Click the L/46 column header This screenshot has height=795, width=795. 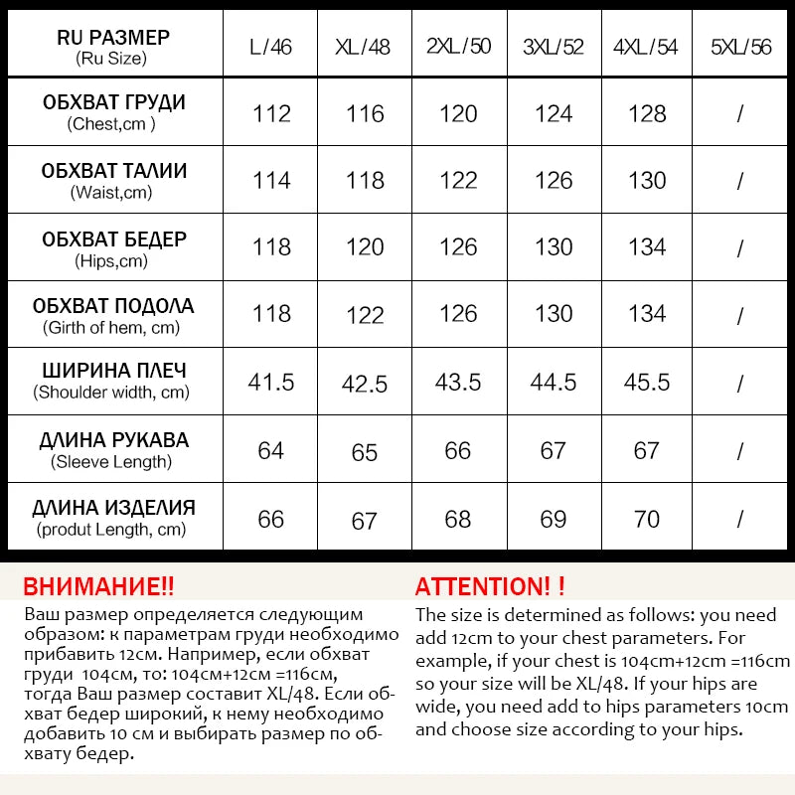pos(271,47)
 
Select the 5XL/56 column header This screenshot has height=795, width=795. pos(740,47)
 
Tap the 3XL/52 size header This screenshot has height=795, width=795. pos(554,47)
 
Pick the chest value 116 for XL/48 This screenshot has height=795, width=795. pos(365,113)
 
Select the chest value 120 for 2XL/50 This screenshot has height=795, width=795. pos(458,113)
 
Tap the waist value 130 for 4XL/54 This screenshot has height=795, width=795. pos(647,180)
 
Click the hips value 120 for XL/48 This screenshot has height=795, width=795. pos(365,247)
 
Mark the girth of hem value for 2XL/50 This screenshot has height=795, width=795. pos(458,314)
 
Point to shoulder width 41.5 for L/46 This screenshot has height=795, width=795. pos(271,382)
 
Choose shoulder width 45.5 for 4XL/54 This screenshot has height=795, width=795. pos(647,382)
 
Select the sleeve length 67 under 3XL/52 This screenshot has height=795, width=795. pos(554,451)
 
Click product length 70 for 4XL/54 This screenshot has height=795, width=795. pos(647,519)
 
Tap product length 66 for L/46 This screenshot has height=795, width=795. pos(271,519)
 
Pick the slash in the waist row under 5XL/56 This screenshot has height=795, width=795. pos(740,181)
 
